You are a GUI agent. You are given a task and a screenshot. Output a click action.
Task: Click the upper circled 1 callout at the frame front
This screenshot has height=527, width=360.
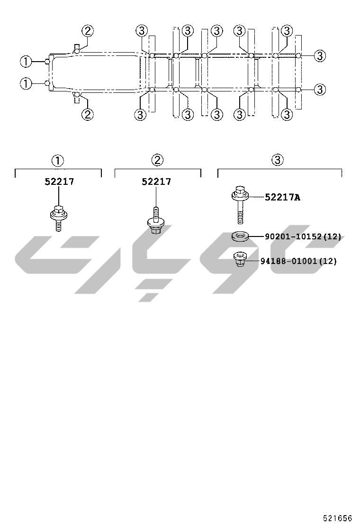(x=26, y=62)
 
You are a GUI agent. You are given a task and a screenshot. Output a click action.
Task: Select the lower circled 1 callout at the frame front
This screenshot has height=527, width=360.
(x=26, y=84)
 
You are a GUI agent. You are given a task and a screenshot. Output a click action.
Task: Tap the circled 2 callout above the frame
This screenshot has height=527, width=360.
(x=87, y=31)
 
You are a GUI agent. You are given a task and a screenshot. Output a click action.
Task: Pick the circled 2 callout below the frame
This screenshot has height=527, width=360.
(x=87, y=114)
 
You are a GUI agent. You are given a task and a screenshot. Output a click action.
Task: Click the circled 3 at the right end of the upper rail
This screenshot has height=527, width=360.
(x=320, y=56)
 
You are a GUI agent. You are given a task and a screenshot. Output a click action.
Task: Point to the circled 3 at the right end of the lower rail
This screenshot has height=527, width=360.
(x=320, y=89)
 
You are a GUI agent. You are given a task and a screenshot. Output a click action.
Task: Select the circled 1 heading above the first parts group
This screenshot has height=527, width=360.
(x=58, y=160)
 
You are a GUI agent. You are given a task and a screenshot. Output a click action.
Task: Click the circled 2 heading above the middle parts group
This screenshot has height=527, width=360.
(x=157, y=160)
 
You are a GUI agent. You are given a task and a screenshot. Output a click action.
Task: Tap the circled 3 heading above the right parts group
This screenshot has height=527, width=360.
(x=278, y=160)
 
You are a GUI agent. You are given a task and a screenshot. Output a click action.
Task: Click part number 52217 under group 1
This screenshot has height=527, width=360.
(x=59, y=182)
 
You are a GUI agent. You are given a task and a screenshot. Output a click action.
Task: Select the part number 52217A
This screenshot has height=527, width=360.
(x=282, y=197)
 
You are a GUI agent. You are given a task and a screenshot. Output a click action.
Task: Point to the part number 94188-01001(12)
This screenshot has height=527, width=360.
(x=298, y=261)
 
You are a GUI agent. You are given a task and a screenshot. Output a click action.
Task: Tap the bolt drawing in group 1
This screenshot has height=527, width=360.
(x=58, y=217)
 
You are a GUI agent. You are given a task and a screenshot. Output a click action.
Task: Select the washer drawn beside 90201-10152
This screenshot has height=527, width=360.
(x=240, y=236)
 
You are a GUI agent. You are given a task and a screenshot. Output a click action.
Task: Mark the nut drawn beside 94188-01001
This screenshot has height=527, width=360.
(x=240, y=260)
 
